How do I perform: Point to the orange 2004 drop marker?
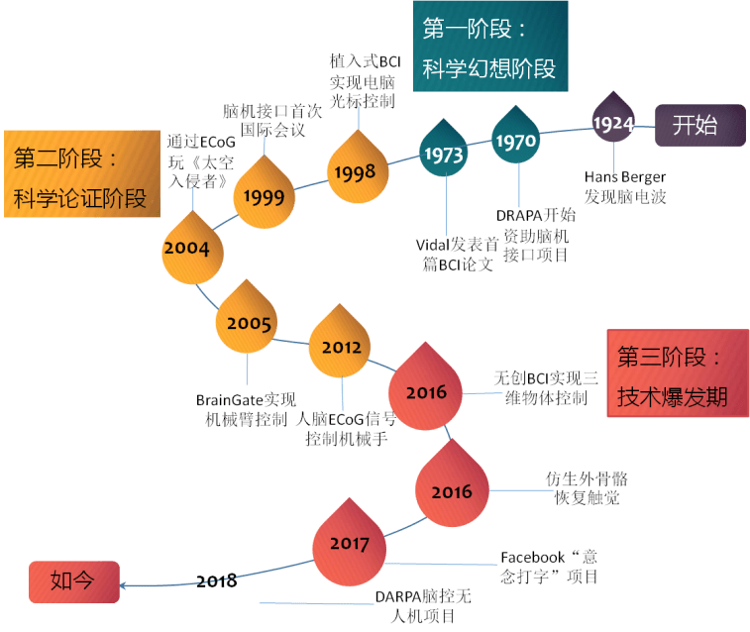tap(187, 249)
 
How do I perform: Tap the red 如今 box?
tap(73, 581)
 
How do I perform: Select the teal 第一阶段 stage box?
tap(489, 48)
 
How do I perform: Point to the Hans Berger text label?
tap(625, 187)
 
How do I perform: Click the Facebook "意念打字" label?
tap(550, 568)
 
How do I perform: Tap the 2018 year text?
tap(217, 580)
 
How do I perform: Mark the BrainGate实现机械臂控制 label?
tap(246, 409)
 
